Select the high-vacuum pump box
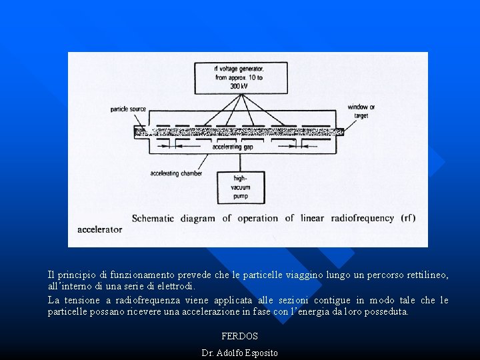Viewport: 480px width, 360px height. tap(240, 187)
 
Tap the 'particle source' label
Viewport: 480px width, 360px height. tap(128, 109)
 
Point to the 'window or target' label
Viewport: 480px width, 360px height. tap(361, 111)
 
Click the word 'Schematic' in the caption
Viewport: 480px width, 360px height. tap(153, 218)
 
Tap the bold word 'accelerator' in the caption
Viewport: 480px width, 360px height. tap(100, 229)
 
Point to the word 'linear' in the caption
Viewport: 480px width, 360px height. tap(313, 218)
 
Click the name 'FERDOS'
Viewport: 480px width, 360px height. tap(239, 337)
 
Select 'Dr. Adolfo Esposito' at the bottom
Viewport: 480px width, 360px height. tap(239, 353)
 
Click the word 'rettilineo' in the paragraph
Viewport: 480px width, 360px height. tap(425, 275)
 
